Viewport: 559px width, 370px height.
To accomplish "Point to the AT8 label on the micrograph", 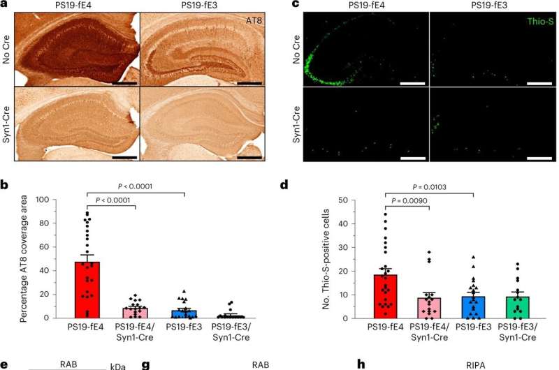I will [254, 22].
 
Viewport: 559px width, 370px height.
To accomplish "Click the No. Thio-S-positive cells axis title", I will [322, 259].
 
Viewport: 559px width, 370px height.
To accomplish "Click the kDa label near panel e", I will [117, 365].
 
